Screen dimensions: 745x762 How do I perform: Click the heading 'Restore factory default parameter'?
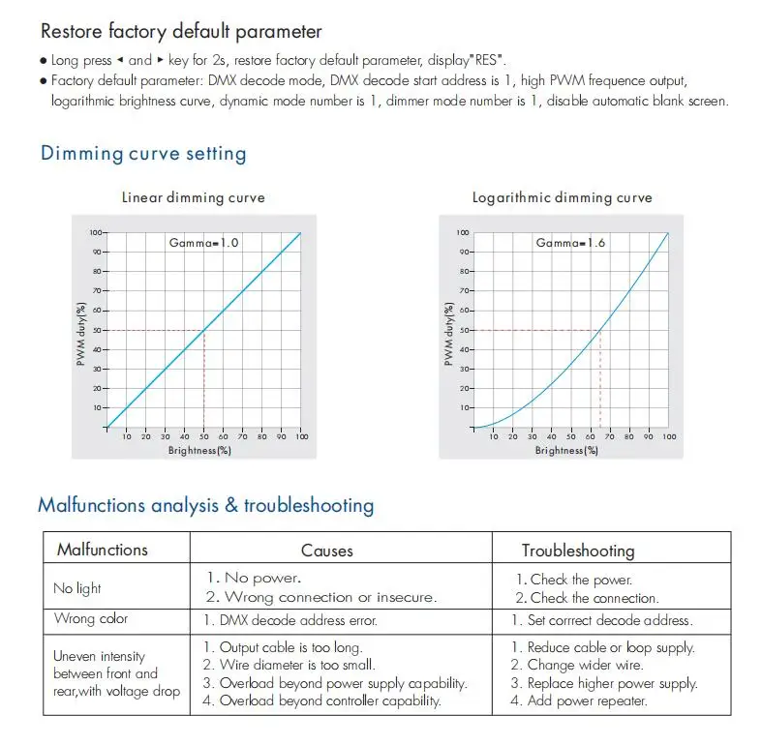tap(181, 33)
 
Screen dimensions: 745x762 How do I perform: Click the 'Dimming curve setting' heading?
tap(143, 153)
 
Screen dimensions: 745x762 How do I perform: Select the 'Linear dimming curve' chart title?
tap(193, 197)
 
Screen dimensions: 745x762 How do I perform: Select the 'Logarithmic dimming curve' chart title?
tap(562, 197)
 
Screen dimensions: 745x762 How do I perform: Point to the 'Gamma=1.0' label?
tap(204, 242)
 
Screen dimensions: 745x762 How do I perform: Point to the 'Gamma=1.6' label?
tap(571, 242)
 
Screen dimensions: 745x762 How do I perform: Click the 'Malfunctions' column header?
tap(103, 550)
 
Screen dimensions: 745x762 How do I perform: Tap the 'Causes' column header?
tap(327, 551)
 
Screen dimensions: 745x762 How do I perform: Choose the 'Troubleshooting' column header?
tap(578, 551)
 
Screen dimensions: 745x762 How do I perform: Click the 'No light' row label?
tap(77, 588)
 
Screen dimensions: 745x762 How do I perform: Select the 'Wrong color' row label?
tap(91, 619)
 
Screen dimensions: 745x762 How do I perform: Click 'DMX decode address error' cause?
tap(290, 620)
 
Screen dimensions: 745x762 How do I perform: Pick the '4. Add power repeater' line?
tap(579, 700)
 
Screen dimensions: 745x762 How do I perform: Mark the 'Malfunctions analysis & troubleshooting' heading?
tap(205, 505)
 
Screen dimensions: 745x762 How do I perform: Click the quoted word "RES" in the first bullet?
tap(488, 60)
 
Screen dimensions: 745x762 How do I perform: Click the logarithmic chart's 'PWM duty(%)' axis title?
tap(449, 331)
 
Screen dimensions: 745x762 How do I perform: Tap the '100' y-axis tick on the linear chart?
tap(96, 232)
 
